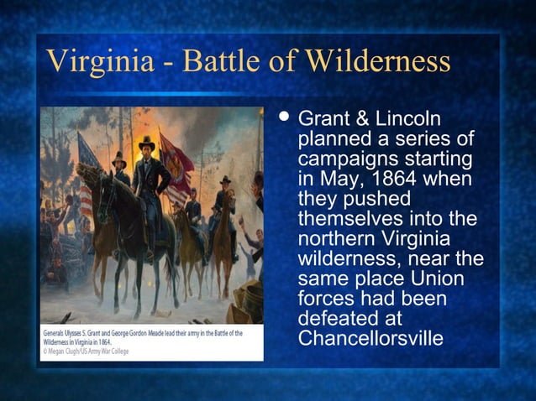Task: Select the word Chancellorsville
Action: pyautogui.click(x=370, y=339)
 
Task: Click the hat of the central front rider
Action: pyautogui.click(x=147, y=143)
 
